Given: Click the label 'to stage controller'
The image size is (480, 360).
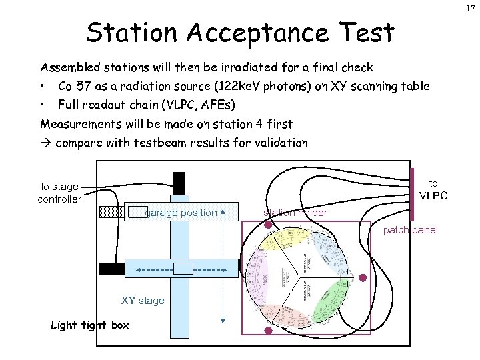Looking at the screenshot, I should click(59, 193).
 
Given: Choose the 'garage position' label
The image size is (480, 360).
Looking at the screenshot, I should click(181, 213).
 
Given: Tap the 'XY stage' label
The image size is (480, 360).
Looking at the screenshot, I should click(143, 301).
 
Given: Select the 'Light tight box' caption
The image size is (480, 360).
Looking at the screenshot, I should click(91, 325).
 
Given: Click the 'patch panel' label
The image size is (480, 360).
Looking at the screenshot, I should click(411, 230).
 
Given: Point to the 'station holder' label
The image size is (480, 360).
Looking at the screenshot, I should click(295, 213).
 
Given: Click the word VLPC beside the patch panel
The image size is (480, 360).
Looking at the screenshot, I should click(433, 196).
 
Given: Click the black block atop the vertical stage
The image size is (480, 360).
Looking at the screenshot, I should click(179, 183).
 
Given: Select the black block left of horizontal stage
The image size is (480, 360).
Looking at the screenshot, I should click(111, 269).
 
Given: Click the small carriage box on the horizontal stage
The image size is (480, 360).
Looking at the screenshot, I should click(183, 268).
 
